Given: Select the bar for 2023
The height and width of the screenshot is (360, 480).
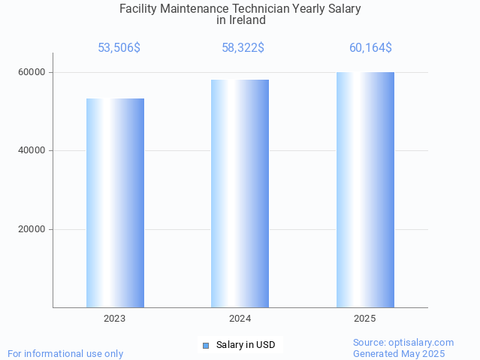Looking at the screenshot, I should pyautogui.click(x=115, y=203).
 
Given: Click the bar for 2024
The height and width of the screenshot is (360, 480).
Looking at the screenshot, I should pyautogui.click(x=240, y=194).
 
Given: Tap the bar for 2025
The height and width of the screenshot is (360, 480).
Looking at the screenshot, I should pyautogui.click(x=365, y=190).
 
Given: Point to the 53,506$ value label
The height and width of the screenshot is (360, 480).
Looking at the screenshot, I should pyautogui.click(x=119, y=48).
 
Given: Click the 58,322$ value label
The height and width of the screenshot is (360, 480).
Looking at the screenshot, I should pyautogui.click(x=243, y=48).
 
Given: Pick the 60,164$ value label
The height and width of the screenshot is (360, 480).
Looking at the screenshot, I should pyautogui.click(x=370, y=48).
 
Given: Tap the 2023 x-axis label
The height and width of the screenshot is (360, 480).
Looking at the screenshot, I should pyautogui.click(x=115, y=319).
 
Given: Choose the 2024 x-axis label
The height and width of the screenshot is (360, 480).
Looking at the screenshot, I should pyautogui.click(x=240, y=319).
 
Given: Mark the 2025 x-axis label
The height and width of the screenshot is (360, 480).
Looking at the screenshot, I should pyautogui.click(x=365, y=319).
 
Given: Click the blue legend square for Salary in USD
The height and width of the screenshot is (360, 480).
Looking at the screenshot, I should pyautogui.click(x=205, y=345).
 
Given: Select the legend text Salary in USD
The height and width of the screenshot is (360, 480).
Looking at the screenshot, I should pyautogui.click(x=246, y=345).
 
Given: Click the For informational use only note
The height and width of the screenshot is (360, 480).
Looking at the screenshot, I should pyautogui.click(x=65, y=353).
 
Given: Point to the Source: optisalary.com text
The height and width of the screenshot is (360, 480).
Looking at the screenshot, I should pyautogui.click(x=403, y=342).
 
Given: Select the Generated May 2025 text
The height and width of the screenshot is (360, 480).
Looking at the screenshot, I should pyautogui.click(x=399, y=353).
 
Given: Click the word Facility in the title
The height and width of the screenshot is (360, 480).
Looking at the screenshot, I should pyautogui.click(x=138, y=9).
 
